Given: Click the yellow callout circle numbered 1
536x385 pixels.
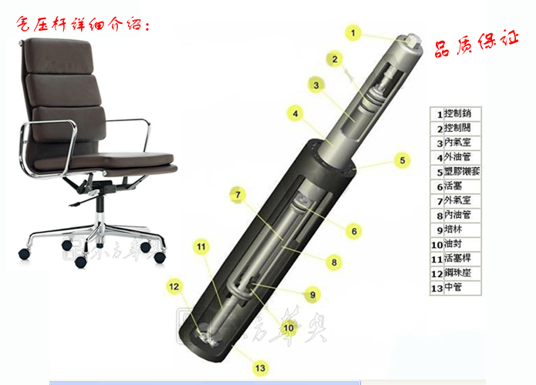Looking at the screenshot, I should coord(353,32).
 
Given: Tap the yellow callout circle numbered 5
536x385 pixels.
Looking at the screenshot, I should coord(402,160).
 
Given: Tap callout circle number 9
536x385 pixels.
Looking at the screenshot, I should coord(312,294).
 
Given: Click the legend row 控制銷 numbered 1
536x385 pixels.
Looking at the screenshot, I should coord(455,112).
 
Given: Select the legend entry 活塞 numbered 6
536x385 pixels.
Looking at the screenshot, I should coord(455,186).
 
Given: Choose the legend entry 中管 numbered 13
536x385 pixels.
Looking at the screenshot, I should coord(455,288).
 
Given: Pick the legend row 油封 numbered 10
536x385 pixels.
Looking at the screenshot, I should coord(455,244).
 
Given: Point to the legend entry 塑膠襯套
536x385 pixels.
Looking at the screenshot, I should coord(455,171).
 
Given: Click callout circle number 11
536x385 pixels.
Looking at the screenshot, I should coord(201,247).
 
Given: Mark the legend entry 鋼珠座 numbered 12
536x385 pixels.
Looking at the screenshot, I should coord(455,273).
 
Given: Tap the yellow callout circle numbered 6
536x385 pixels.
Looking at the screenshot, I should coord(354,230).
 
